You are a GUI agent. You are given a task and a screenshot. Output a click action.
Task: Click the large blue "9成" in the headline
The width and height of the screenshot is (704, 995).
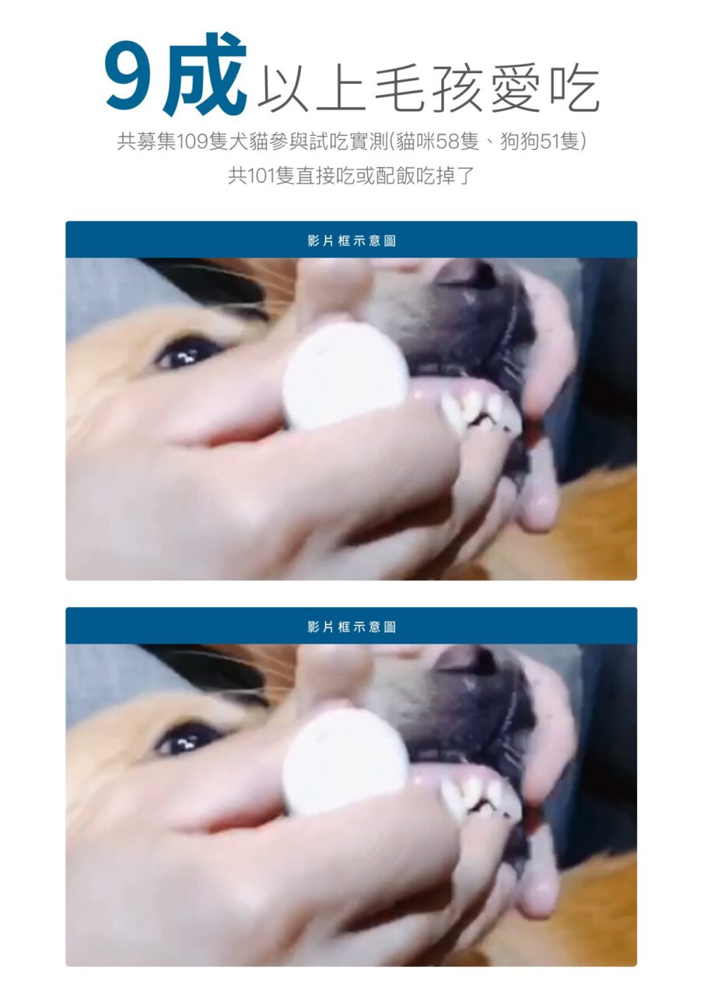click(176, 75)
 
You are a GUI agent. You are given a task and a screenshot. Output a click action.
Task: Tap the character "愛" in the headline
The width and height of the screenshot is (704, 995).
click(516, 89)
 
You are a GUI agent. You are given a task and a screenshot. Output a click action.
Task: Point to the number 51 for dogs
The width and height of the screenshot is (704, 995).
click(552, 142)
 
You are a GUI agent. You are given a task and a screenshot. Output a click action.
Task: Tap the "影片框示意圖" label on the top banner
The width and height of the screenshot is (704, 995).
click(352, 241)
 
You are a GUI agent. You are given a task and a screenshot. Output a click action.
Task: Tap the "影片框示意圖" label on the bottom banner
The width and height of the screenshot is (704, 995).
click(352, 627)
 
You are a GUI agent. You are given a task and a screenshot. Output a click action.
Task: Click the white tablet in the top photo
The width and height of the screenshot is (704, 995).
click(346, 375)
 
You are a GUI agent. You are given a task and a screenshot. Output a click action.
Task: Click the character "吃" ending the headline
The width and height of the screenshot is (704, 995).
click(574, 89)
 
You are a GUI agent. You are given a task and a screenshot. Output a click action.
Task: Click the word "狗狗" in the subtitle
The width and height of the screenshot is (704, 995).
click(520, 142)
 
